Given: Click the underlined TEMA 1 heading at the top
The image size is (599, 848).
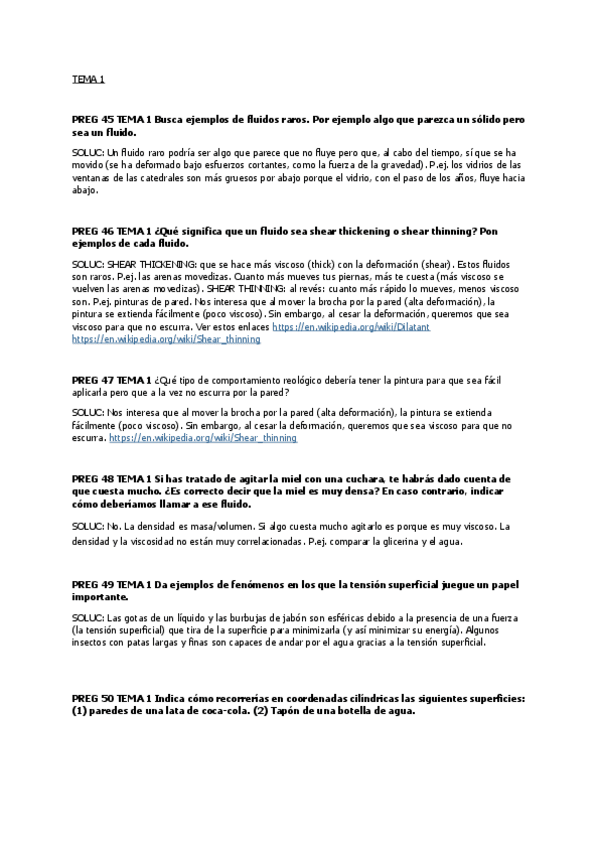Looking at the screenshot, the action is (88, 78).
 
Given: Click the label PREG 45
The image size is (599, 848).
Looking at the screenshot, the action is (92, 119).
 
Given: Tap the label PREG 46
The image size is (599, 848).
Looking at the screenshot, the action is (92, 231).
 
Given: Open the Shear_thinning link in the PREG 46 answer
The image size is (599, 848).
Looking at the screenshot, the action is (166, 339).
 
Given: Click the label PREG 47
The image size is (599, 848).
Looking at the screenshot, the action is (92, 380).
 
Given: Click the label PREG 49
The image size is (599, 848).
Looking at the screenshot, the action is (92, 583).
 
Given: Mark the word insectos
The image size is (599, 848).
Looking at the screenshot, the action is (93, 643).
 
